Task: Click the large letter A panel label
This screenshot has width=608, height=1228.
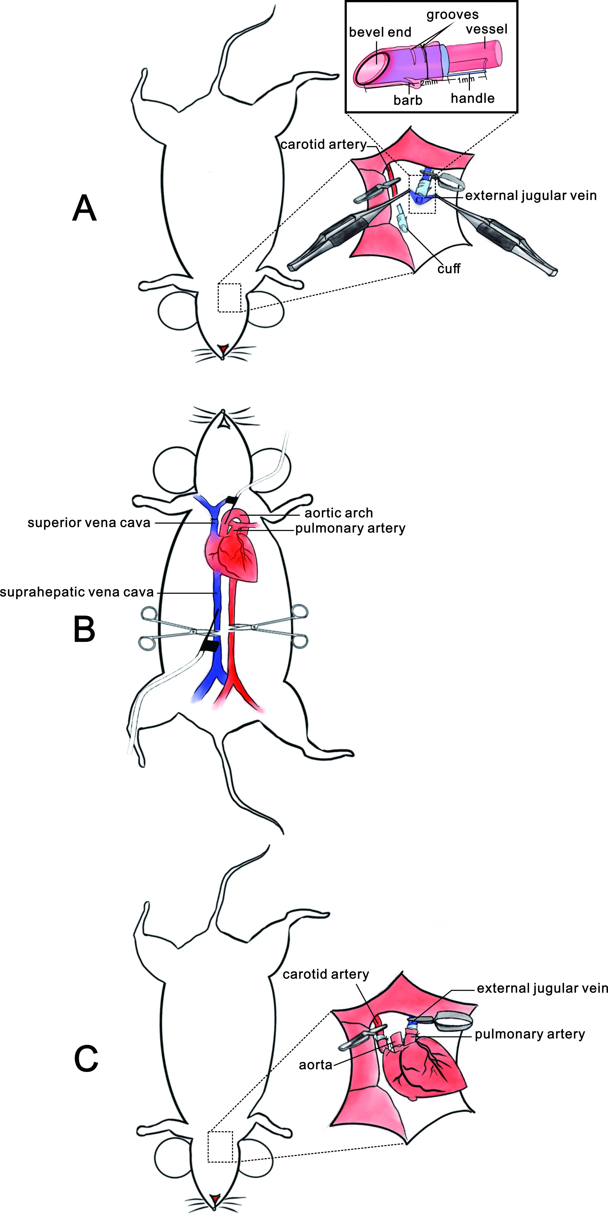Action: (x=84, y=208)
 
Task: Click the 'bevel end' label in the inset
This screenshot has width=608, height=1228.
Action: (x=380, y=32)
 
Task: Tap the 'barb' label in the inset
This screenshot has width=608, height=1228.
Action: (x=408, y=100)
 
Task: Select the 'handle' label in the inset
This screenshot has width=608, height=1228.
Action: (x=472, y=98)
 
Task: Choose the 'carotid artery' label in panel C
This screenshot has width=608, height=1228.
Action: (x=326, y=974)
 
